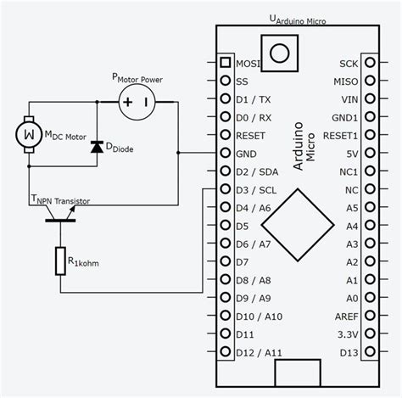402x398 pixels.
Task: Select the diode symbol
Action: coord(96,144)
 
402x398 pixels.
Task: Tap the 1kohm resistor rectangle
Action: coord(60,261)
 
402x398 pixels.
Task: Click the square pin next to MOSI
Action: coord(226,63)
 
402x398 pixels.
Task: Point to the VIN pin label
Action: coord(349,99)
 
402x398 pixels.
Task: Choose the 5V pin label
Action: coord(350,154)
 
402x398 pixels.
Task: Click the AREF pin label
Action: coord(346,316)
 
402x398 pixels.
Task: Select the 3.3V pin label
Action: coord(348,334)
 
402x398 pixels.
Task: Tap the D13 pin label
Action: coord(349,351)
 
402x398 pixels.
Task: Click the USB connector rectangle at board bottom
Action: coord(297,372)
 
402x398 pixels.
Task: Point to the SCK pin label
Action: coord(349,63)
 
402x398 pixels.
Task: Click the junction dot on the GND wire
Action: coord(178,154)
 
